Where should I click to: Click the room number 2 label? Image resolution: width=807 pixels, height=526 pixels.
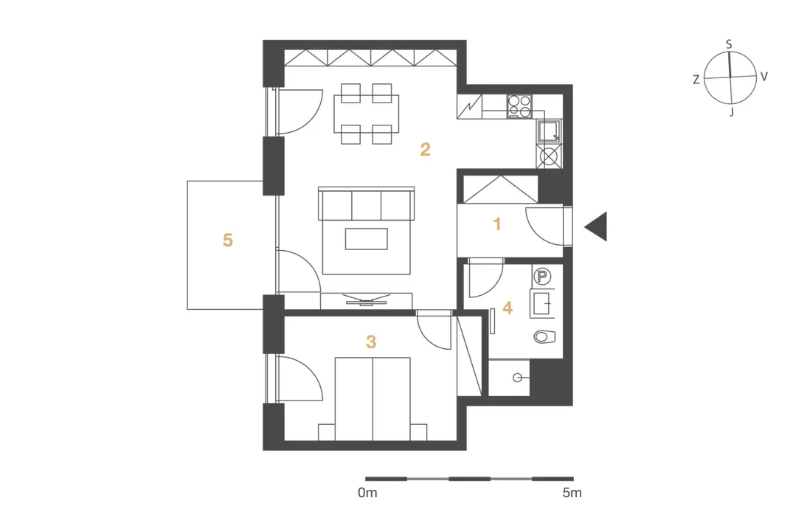pyautogui.click(x=425, y=149)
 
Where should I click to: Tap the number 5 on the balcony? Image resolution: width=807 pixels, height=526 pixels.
pyautogui.click(x=227, y=240)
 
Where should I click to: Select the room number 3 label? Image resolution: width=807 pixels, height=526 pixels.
pyautogui.click(x=371, y=342)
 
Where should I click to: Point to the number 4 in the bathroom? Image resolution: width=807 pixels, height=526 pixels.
pyautogui.click(x=508, y=308)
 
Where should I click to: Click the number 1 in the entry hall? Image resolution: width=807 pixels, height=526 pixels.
pyautogui.click(x=497, y=224)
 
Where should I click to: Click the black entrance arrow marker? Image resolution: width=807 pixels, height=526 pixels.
pyautogui.click(x=596, y=226)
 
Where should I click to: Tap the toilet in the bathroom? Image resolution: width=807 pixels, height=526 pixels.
pyautogui.click(x=544, y=336)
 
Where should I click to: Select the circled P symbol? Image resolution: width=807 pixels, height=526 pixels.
pyautogui.click(x=541, y=277)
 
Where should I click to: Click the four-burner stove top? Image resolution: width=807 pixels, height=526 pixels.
pyautogui.click(x=519, y=106)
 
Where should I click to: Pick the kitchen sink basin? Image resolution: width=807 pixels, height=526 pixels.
pyautogui.click(x=549, y=131)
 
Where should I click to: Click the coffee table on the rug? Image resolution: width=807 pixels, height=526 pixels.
pyautogui.click(x=366, y=239)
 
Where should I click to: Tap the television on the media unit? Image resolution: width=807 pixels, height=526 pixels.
pyautogui.click(x=367, y=300)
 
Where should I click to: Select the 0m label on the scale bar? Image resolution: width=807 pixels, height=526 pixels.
pyautogui.click(x=367, y=493)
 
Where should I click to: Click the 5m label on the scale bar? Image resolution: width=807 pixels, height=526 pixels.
pyautogui.click(x=572, y=493)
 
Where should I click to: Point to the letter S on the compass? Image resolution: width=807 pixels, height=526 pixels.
pyautogui.click(x=729, y=45)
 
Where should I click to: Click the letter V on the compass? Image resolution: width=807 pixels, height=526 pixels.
pyautogui.click(x=764, y=77)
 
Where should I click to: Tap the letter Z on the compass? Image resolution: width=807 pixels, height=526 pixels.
pyautogui.click(x=696, y=80)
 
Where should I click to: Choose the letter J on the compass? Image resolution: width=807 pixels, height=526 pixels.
pyautogui.click(x=732, y=111)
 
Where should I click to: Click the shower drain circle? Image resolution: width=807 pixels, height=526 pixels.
pyautogui.click(x=516, y=378)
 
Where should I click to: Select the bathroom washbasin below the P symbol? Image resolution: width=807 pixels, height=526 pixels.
pyautogui.click(x=542, y=303)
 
